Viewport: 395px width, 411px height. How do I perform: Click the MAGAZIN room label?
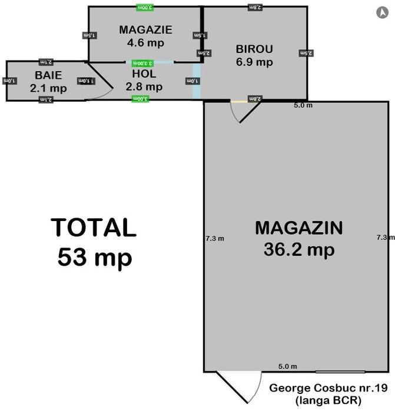point(299,228)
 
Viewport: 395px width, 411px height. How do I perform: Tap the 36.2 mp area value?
point(299,249)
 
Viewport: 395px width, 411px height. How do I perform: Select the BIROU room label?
point(254,49)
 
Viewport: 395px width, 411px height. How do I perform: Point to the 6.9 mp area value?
point(254,62)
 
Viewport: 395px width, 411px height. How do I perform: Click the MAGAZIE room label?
point(145,29)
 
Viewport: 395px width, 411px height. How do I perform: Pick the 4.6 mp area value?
point(145,42)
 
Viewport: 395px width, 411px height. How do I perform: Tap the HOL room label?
point(144,74)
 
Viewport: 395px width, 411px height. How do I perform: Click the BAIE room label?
point(48,75)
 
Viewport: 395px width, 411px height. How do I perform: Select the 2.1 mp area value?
point(48,88)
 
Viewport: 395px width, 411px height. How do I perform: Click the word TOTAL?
point(94,228)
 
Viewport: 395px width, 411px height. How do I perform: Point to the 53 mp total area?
point(95,257)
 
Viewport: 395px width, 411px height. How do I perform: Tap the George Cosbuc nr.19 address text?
point(327,388)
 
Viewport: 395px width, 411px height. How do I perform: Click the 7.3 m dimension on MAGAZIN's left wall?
point(214,238)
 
